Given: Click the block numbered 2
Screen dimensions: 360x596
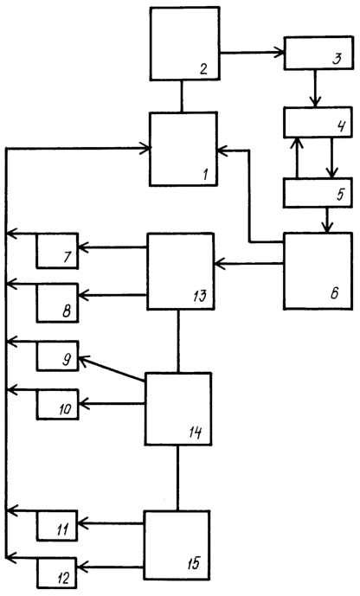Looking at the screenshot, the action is pos(184,43).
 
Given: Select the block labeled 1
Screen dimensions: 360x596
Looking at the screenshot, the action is pos(183,149).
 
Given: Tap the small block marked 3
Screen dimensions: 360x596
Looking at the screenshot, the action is pos(318,54).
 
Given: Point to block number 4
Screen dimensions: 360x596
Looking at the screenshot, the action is pos(318,122).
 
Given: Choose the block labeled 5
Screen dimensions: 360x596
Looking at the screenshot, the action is pos(318,193).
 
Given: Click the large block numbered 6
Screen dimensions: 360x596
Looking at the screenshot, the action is pos(318,271).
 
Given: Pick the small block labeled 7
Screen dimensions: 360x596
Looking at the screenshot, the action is pos(57,251).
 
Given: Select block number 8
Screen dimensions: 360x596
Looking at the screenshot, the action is pos(57,303).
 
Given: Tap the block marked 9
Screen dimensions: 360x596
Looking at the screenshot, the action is pos(57,356).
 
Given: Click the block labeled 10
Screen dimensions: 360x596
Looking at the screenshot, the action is pos(57,405).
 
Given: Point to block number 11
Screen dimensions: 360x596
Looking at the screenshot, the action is pos(57,526).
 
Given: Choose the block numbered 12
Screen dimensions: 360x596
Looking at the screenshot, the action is pos(57,573).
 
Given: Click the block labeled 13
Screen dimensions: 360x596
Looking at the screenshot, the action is pos(181,272).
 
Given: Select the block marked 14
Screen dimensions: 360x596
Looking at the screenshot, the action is pos(178,408).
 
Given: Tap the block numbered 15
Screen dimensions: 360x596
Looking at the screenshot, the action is pos(177,546).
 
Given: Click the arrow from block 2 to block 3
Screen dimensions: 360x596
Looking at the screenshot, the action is pos(252,53).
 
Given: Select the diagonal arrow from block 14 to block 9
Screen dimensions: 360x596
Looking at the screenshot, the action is pos(112,368).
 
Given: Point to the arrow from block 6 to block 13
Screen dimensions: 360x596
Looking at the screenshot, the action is pos(249,263).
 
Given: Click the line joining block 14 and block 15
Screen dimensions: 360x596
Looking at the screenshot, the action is pos(177,477).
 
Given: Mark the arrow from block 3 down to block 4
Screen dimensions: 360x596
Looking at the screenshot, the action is pos(315,88).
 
